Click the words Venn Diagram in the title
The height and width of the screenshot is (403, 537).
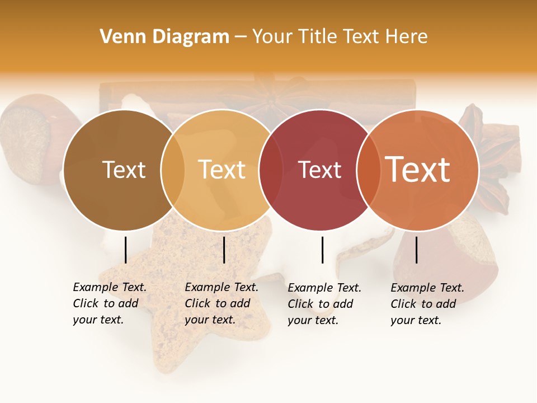point(164,37)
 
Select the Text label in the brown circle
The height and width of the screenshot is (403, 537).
point(124,170)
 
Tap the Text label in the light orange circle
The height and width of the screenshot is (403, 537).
point(222,170)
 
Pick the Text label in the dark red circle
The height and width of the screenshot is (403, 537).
point(319,170)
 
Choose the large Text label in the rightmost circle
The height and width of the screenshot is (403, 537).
point(418,169)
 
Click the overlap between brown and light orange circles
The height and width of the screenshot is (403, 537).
point(173,170)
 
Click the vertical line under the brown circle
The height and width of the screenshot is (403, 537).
point(125,250)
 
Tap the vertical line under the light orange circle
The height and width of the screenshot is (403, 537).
point(224,250)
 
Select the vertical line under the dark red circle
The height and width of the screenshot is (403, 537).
point(322,250)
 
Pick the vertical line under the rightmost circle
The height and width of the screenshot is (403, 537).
point(416,250)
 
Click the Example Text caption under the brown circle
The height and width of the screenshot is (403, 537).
point(109,303)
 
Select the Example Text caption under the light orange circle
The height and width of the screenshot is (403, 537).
point(221,303)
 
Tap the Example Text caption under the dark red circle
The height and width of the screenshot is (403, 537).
point(324,303)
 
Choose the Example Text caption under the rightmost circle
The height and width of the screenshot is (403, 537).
point(427,303)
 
